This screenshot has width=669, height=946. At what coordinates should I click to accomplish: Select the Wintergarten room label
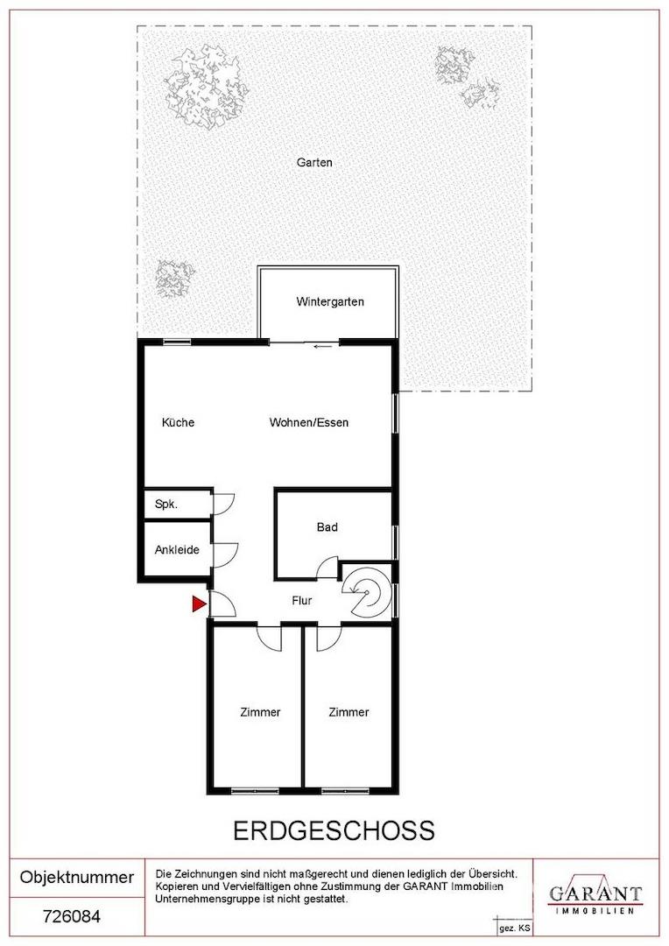click(330, 301)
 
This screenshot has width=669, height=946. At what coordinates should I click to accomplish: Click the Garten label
click(314, 162)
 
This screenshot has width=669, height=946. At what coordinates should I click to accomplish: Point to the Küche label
click(178, 422)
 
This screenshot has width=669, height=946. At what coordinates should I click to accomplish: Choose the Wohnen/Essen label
click(309, 422)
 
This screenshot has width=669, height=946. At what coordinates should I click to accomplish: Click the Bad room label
click(327, 527)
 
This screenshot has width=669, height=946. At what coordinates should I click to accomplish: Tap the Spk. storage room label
click(166, 504)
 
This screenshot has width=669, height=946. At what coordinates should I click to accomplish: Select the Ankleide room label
click(177, 549)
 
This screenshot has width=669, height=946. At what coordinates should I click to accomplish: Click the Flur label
click(301, 600)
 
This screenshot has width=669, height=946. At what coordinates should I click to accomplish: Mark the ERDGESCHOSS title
click(334, 830)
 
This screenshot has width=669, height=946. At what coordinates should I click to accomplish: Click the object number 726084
click(72, 917)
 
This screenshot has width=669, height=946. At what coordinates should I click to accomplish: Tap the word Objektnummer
click(76, 877)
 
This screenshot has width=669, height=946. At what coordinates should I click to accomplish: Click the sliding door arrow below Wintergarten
click(322, 346)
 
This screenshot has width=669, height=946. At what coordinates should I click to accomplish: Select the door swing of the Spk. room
click(224, 505)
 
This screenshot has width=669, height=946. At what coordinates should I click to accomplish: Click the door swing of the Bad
click(327, 568)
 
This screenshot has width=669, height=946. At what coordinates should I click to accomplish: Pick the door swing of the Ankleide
click(224, 554)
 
